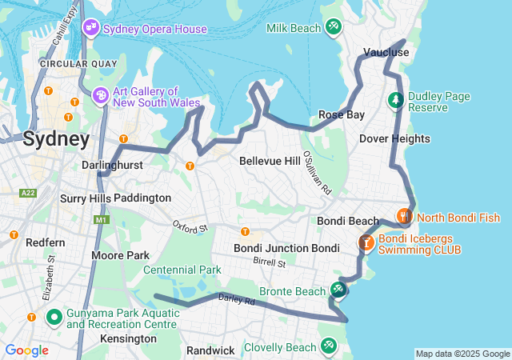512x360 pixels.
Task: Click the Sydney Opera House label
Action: (x=155, y=29)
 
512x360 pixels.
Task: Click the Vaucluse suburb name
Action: (x=386, y=52)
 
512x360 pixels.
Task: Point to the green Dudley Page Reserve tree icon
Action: (x=394, y=101)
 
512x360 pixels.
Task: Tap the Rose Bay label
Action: (x=342, y=114)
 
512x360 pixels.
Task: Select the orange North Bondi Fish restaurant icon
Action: (x=405, y=216)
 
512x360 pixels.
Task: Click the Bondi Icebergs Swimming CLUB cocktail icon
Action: (x=366, y=242)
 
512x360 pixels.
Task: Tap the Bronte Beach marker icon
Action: (x=338, y=290)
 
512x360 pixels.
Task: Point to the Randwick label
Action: (x=210, y=350)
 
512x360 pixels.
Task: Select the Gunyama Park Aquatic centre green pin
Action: (x=54, y=318)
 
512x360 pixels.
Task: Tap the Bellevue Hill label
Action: (x=270, y=161)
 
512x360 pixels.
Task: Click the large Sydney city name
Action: (x=56, y=139)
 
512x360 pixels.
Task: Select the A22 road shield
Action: (x=29, y=193)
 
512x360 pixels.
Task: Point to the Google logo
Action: (x=26, y=350)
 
